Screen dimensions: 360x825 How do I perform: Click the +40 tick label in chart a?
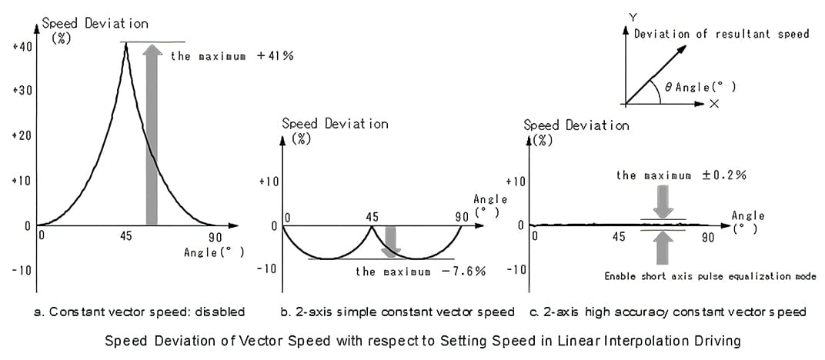(x=22, y=47)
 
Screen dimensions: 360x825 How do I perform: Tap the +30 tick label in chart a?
(x=22, y=91)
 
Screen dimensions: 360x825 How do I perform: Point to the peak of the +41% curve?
(x=126, y=43)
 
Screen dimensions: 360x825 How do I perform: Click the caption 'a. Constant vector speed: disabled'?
(x=139, y=312)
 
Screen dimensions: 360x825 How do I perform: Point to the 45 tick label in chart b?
(x=372, y=218)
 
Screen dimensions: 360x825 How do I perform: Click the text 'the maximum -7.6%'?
(x=420, y=272)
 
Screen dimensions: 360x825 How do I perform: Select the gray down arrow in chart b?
(x=391, y=240)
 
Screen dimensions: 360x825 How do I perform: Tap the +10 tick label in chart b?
(x=268, y=182)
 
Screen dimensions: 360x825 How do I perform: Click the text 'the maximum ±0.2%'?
(x=681, y=175)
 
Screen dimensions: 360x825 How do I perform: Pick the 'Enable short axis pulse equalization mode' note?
(x=710, y=276)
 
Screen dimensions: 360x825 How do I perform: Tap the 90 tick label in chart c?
(x=707, y=237)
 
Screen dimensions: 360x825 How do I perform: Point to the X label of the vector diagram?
(x=714, y=104)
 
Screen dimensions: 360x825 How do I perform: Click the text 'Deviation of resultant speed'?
(x=721, y=34)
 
